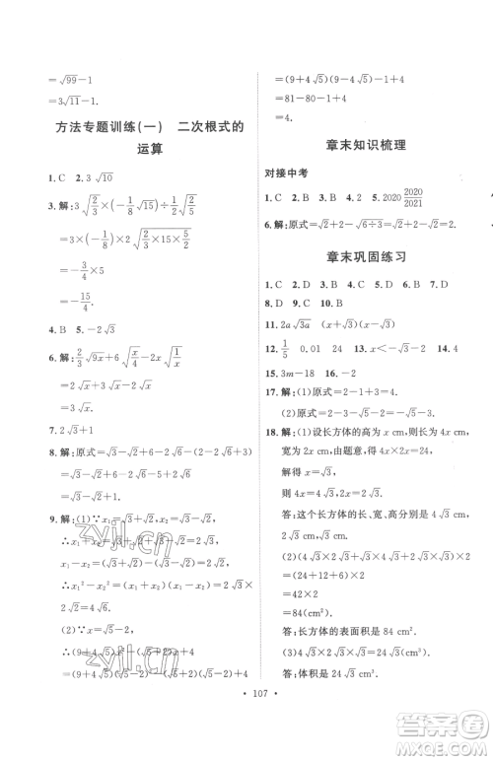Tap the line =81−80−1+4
click(311, 97)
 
